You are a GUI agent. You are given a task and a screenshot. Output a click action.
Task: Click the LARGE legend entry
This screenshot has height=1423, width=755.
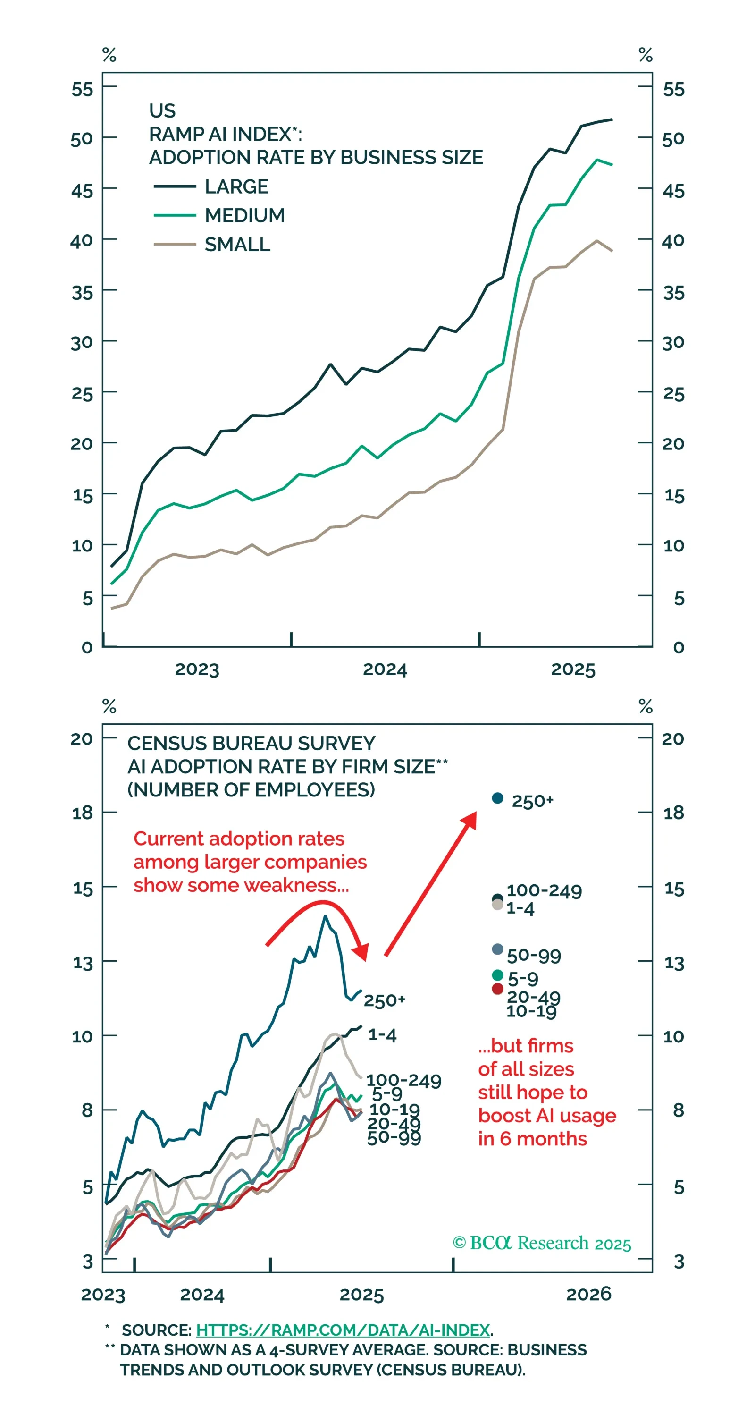click(236, 186)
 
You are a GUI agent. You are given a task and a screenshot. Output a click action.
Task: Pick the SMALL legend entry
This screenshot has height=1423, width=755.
click(237, 244)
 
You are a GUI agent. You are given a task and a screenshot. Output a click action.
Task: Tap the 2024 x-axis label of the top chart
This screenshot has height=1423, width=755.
click(385, 669)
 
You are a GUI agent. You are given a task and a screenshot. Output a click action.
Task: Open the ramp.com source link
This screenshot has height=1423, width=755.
click(343, 1330)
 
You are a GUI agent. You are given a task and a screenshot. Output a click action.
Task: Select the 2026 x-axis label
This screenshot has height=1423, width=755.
click(589, 1294)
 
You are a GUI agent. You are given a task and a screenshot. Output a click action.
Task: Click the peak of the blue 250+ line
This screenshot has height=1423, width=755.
click(325, 916)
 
